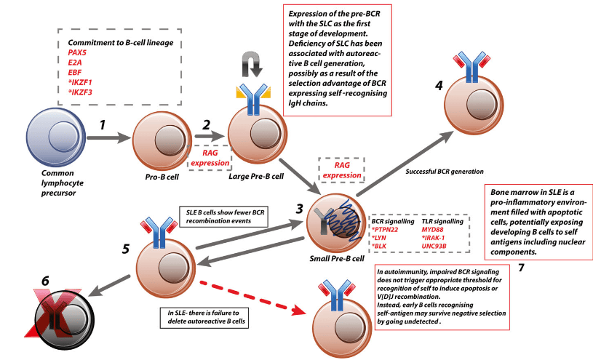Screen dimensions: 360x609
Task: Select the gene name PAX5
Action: [78, 54]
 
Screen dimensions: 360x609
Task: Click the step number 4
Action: [438, 85]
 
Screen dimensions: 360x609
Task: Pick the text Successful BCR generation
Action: [445, 172]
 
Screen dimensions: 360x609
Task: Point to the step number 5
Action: [127, 249]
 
